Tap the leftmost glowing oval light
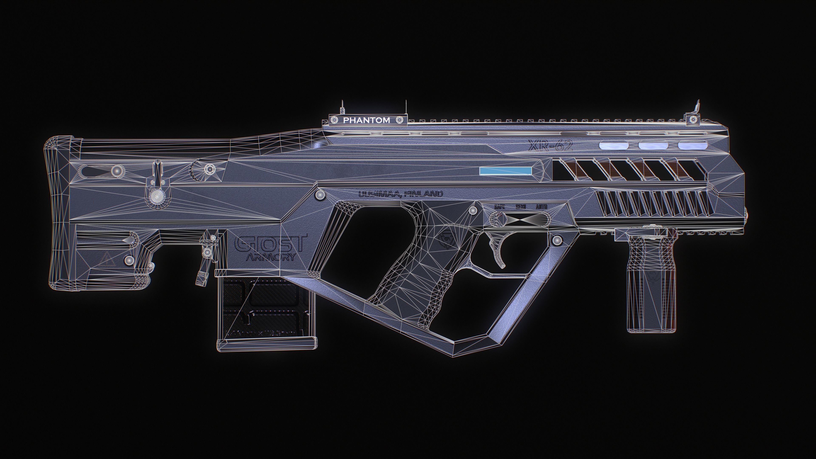(613, 145)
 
